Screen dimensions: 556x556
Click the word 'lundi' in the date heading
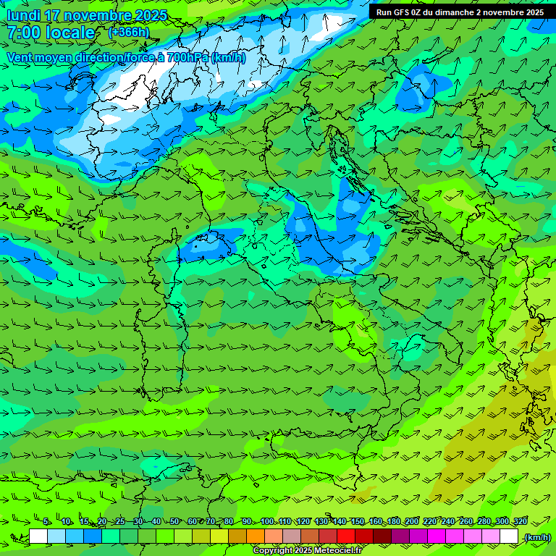pos(24,15)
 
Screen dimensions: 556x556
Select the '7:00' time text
pos(22,33)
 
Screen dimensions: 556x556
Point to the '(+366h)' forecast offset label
pos(128,32)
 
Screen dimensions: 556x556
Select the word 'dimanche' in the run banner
pos(454,12)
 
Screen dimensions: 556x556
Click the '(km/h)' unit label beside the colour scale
pos(536,537)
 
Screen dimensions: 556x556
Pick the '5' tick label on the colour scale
pos(46,522)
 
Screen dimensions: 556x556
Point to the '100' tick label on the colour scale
pos(267,522)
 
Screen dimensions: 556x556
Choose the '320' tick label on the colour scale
pos(520,522)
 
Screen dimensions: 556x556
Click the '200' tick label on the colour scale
pos(412,522)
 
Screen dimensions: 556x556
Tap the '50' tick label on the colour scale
pos(174,522)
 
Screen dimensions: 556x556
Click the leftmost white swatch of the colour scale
pos(38,536)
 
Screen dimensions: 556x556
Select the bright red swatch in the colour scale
pos(346,536)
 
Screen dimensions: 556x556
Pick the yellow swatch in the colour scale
pos(219,536)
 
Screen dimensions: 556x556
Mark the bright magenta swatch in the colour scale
pos(437,536)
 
